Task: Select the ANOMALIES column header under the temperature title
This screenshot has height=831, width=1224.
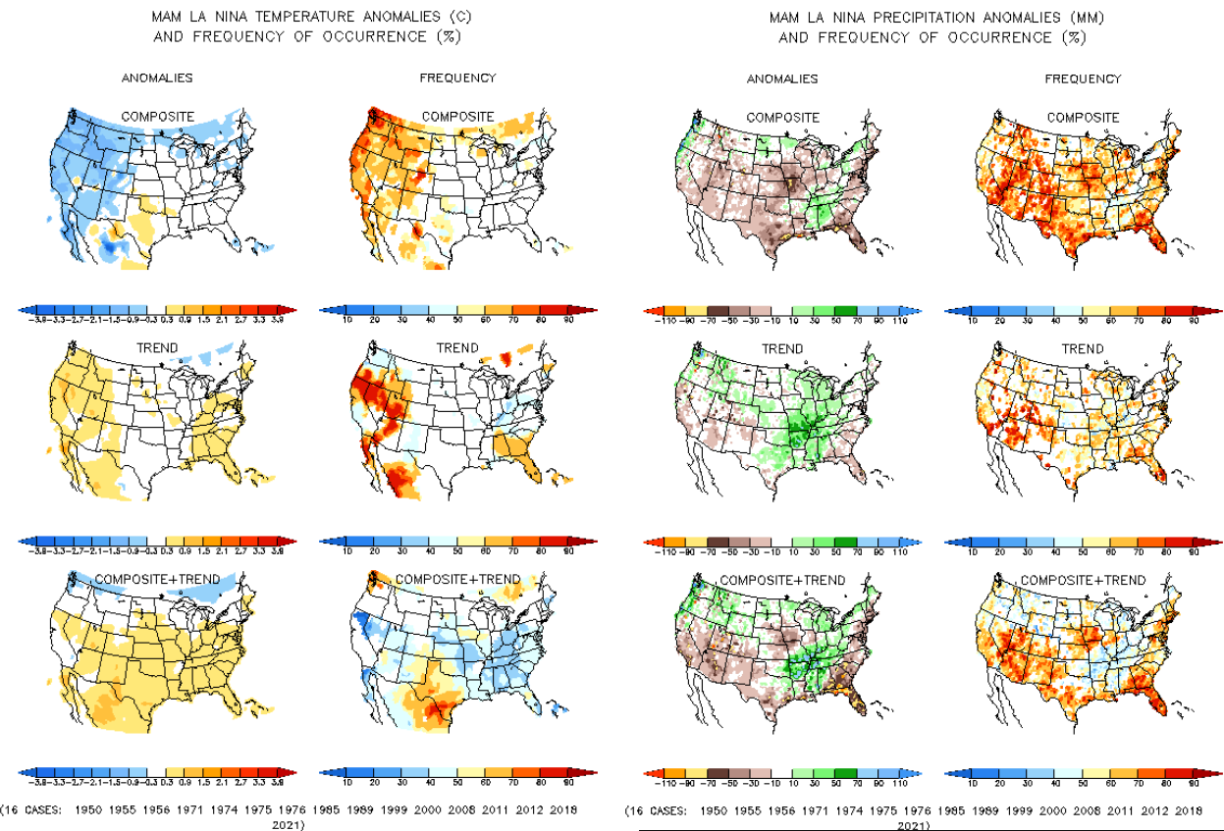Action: (x=157, y=78)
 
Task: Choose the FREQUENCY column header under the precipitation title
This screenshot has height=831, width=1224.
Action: (x=1083, y=78)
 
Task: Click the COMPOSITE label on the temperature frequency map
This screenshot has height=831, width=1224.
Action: (x=457, y=117)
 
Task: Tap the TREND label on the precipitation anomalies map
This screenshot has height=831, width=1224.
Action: (x=782, y=348)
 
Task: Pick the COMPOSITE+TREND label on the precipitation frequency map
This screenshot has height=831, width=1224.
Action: (x=1083, y=580)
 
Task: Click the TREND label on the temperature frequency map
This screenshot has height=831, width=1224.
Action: (x=457, y=348)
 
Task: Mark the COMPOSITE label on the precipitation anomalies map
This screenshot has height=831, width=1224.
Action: (x=782, y=118)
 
